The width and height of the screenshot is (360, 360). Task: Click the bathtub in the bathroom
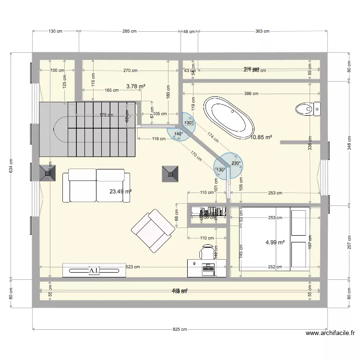tap(229, 118)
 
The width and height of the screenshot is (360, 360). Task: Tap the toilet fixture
tap(307, 109)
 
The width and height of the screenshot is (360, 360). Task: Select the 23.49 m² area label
tap(120, 192)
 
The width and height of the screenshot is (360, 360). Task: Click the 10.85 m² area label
tap(262, 137)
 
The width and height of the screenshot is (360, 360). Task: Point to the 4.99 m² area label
tap(275, 242)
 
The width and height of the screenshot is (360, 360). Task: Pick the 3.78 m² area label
tap(135, 86)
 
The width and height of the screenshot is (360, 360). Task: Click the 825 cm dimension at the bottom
tap(180, 329)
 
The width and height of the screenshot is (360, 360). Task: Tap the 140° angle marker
tap(179, 134)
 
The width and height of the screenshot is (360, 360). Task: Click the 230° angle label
tap(236, 163)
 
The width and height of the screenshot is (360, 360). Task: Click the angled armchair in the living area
tap(153, 230)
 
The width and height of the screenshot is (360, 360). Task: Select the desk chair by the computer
tap(207, 251)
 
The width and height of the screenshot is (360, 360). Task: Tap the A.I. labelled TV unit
tap(94, 271)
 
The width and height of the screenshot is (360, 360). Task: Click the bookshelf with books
tap(209, 211)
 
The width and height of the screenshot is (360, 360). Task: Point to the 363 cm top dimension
tap(262, 31)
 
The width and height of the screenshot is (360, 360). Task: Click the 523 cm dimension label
tap(133, 267)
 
